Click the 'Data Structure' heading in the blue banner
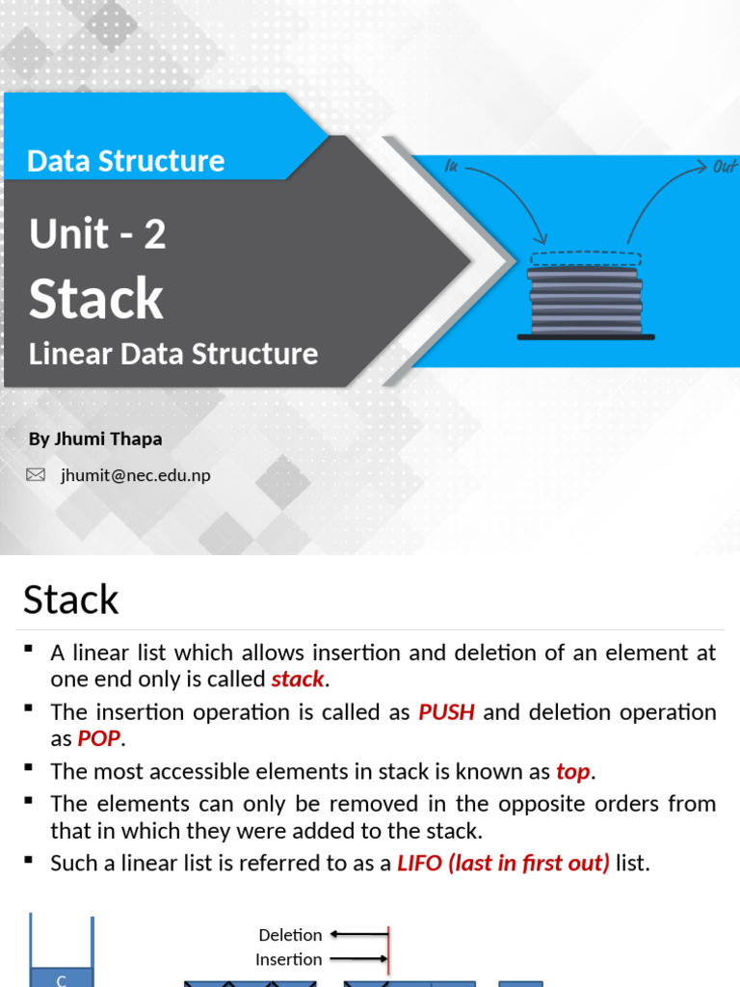tap(126, 161)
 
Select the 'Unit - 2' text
tap(97, 234)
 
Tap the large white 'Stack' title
tap(96, 299)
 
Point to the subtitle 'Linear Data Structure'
tap(173, 354)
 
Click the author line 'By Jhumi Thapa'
tap(95, 439)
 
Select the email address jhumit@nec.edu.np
tap(136, 475)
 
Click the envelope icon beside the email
tap(36, 474)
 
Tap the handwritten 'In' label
tap(450, 166)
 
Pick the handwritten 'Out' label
tap(725, 168)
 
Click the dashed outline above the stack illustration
tap(585, 258)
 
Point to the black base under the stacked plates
tap(586, 336)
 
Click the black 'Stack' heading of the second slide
tap(71, 600)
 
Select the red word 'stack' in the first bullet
tap(298, 679)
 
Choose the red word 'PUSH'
tap(446, 712)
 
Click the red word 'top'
tap(573, 771)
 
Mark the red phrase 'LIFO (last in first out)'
tap(503, 863)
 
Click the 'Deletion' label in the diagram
tap(290, 935)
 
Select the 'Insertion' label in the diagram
tap(288, 959)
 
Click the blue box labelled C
tap(62, 978)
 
